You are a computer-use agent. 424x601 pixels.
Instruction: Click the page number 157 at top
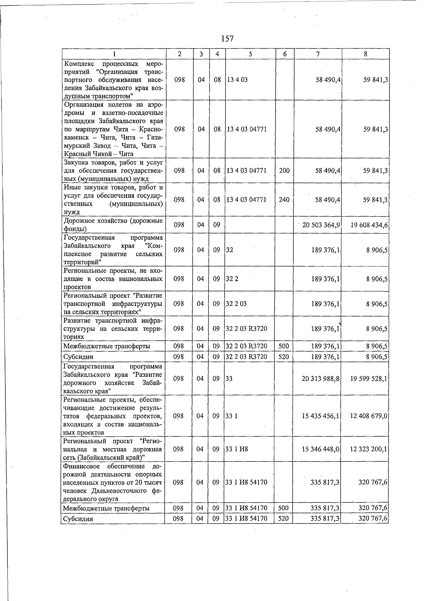227,39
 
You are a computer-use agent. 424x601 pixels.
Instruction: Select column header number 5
250,54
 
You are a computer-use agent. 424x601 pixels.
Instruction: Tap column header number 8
365,54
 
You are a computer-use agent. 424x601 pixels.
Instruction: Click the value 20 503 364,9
321,225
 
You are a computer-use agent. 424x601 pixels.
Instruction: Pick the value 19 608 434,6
369,225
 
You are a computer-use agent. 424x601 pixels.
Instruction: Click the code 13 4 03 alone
237,80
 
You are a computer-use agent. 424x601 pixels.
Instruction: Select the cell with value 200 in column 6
284,171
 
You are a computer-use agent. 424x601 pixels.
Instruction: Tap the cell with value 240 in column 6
284,200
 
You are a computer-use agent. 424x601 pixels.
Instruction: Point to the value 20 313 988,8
320,379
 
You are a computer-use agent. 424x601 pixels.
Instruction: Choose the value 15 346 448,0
320,449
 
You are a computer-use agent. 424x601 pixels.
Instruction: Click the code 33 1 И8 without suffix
236,449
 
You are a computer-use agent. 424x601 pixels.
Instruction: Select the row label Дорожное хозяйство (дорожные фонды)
113,225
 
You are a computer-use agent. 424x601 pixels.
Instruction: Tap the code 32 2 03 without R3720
236,304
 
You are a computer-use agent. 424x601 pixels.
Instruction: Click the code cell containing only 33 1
231,416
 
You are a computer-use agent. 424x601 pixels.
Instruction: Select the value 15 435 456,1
320,416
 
